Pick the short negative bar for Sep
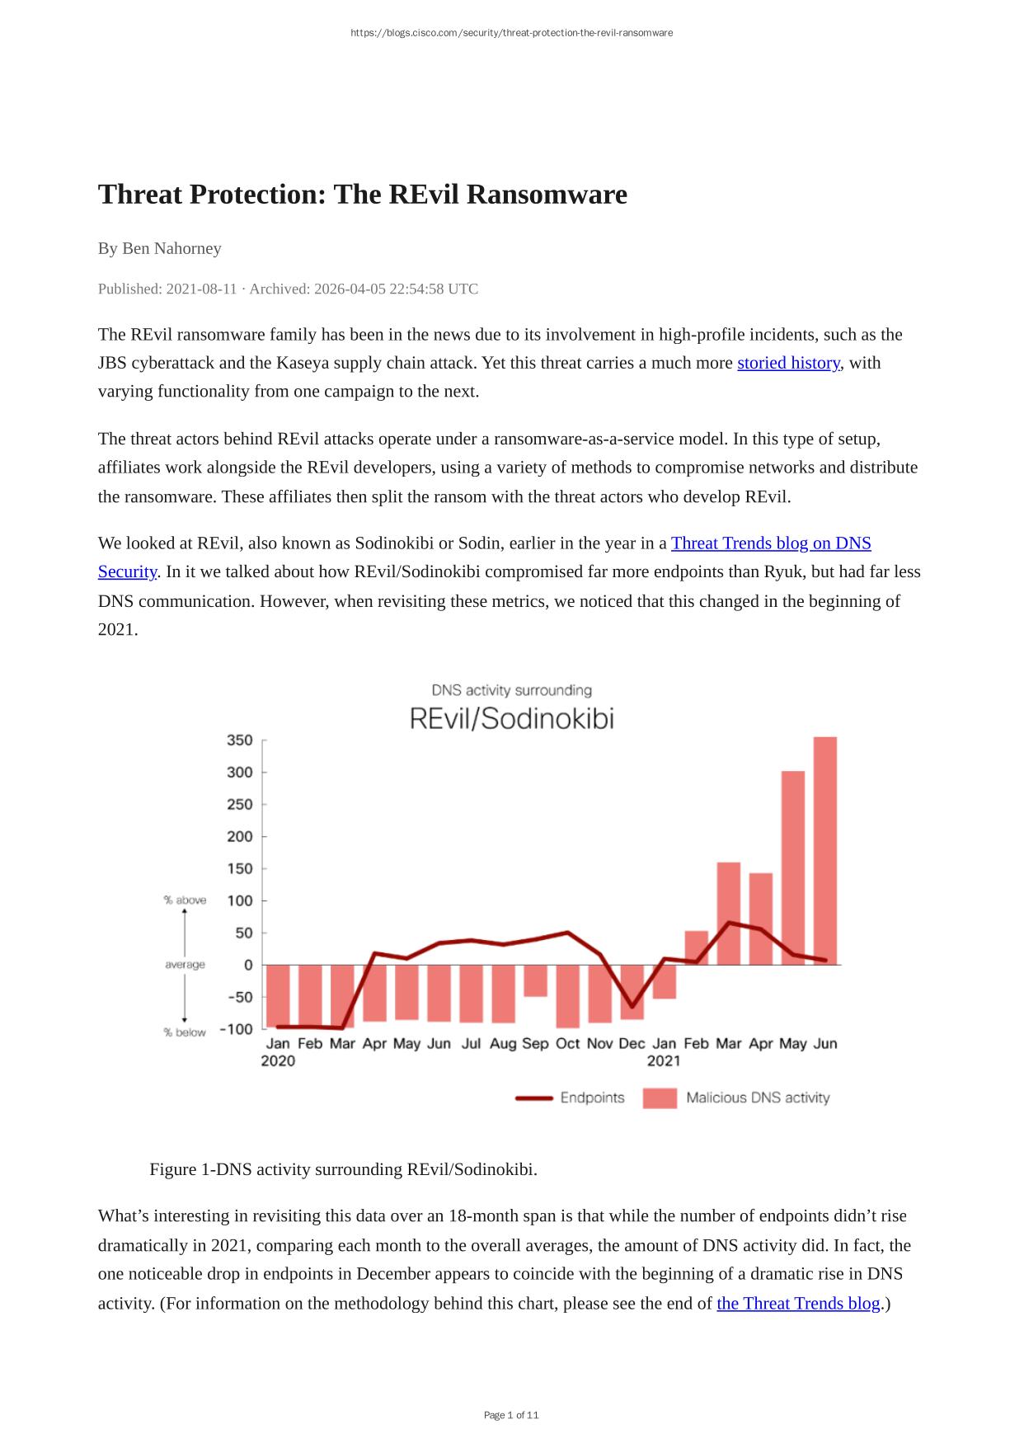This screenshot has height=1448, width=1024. [x=535, y=980]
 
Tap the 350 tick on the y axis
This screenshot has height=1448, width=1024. [x=240, y=740]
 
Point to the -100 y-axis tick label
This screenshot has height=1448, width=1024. [x=237, y=1029]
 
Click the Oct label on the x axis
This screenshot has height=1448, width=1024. [x=567, y=1044]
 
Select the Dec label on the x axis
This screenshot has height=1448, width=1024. [x=632, y=1044]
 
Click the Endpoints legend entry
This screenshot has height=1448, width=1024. [x=592, y=1098]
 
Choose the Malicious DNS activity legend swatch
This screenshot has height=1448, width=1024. [x=660, y=1098]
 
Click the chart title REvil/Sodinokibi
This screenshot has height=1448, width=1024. [x=512, y=719]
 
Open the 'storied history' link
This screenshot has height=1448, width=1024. [x=788, y=363]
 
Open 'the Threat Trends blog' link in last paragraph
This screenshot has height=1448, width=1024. [x=798, y=1303]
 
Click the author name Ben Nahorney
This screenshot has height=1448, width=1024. [x=171, y=248]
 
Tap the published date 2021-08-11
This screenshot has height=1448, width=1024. [x=201, y=289]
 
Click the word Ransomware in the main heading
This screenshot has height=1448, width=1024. [x=548, y=195]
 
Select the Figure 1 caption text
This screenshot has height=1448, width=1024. [x=343, y=1169]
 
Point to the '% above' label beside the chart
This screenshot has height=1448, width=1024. [x=185, y=900]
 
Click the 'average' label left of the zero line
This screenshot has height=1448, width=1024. [x=185, y=965]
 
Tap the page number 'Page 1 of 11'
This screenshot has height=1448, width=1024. [x=511, y=1415]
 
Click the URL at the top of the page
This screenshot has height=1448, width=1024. [x=511, y=33]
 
